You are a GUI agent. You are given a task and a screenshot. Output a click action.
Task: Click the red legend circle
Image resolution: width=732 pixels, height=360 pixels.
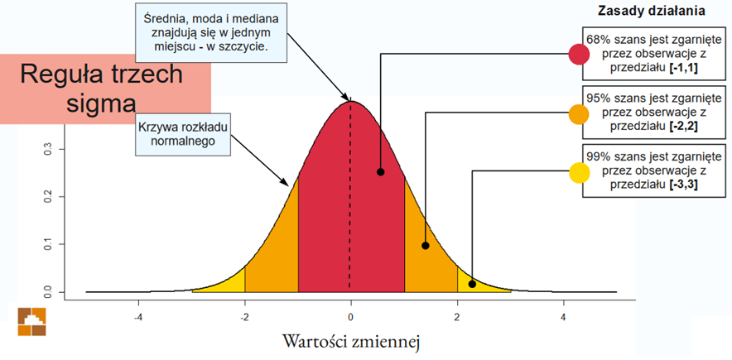[x=579, y=55]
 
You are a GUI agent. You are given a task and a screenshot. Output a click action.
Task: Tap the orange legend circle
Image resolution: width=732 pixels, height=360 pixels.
[x=579, y=114]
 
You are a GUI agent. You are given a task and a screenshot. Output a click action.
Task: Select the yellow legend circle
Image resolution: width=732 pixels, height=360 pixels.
[x=579, y=173]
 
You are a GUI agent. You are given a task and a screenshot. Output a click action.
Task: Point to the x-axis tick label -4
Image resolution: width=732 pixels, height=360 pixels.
[x=138, y=317]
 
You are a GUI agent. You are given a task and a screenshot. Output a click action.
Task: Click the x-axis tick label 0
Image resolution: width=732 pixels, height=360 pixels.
[x=350, y=317]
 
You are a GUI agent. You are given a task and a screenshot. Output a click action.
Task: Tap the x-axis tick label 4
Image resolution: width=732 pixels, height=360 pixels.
[x=563, y=317]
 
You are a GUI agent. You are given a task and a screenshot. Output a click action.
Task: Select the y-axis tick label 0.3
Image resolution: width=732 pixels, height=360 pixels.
[x=49, y=149]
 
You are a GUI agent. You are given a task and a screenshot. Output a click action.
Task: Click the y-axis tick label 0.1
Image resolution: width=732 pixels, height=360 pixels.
[x=49, y=245]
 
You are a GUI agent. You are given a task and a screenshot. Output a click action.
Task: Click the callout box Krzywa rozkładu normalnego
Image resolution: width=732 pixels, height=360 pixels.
[x=183, y=133]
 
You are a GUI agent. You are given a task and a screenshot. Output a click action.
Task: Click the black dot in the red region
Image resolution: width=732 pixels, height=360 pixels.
[x=380, y=172]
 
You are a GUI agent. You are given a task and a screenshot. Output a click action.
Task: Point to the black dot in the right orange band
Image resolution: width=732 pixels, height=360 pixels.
[x=425, y=246]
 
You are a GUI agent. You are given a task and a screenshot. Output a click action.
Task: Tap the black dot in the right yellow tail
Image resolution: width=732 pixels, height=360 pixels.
[x=472, y=284]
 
